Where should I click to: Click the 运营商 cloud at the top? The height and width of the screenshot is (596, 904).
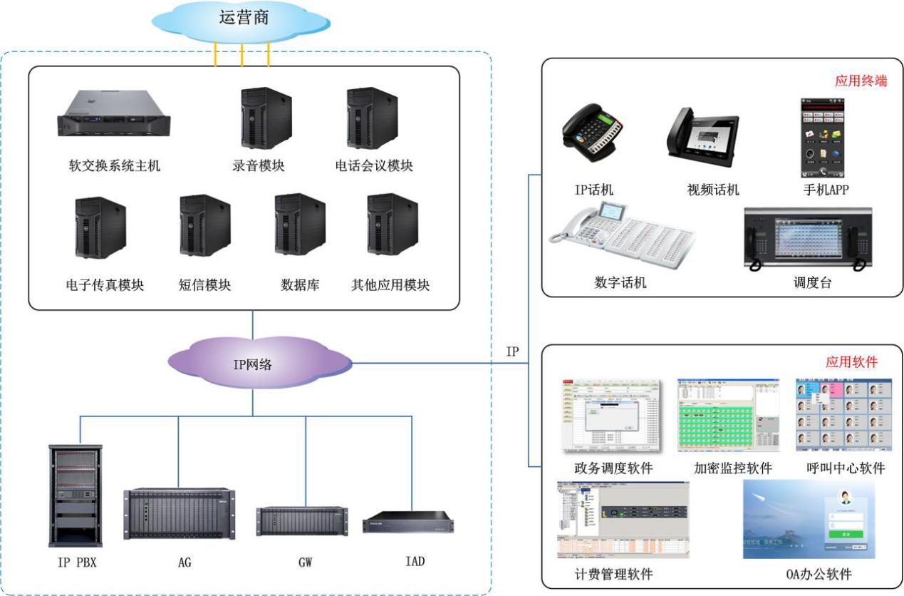point(242,20)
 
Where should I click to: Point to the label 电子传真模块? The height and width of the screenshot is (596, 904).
point(105,285)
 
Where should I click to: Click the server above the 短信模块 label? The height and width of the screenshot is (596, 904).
point(204,225)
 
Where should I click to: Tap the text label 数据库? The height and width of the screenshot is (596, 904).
point(300,285)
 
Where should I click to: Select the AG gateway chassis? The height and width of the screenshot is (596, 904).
point(180,513)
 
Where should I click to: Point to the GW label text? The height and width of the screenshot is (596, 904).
point(306,562)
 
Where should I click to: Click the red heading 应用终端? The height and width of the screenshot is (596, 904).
point(861,81)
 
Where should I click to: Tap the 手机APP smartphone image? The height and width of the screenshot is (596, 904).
point(823,138)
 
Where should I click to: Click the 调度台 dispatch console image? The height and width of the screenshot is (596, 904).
point(809,239)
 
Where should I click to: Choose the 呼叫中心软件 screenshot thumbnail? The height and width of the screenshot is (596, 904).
point(843,415)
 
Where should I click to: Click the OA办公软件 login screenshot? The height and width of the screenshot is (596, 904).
point(809,518)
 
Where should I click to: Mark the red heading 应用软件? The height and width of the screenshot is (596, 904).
point(851,362)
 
